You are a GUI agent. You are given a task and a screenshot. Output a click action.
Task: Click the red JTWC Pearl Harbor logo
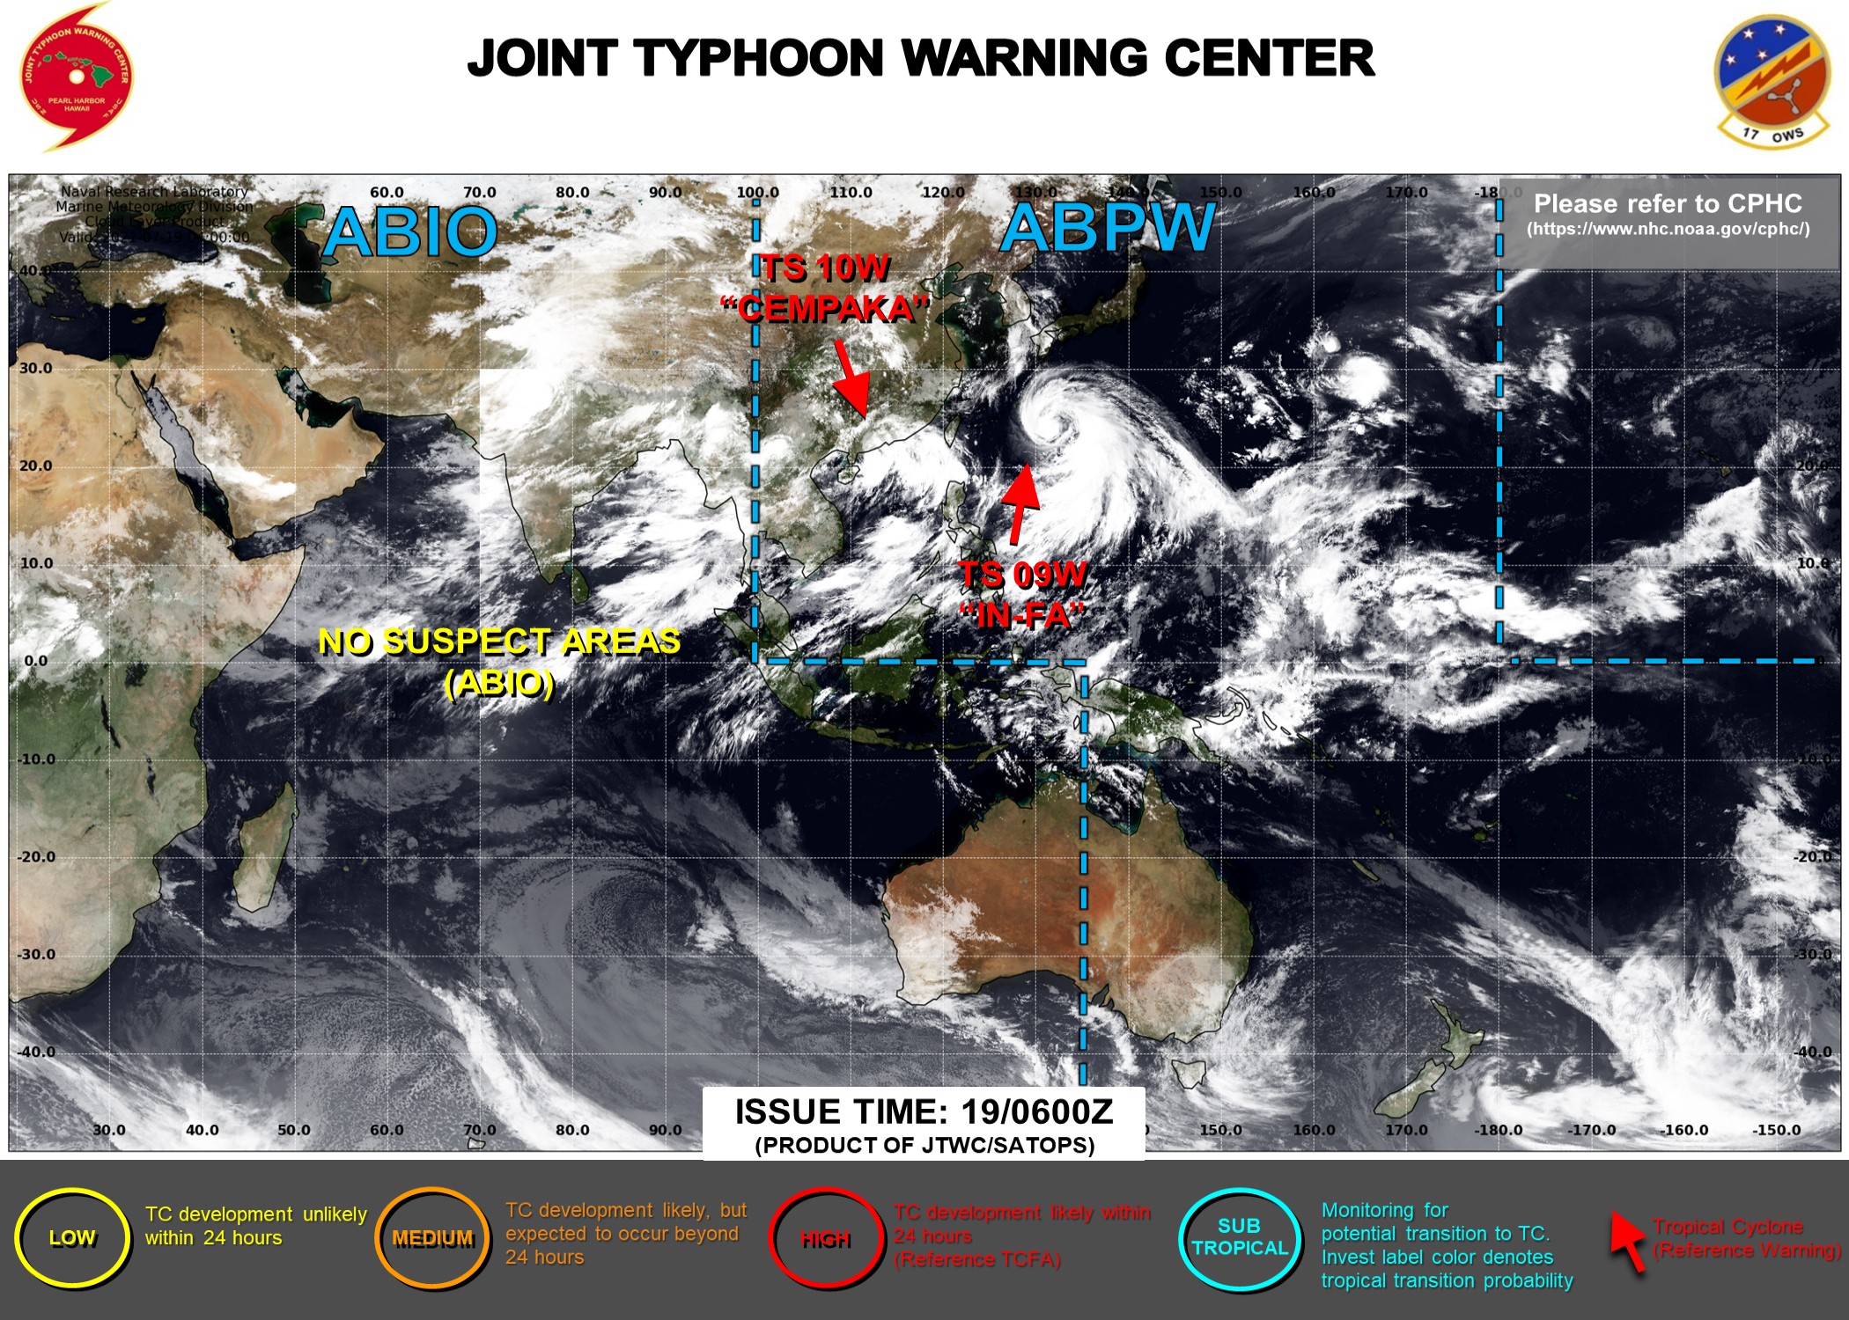(76, 77)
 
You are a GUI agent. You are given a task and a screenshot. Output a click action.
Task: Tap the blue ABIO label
(410, 232)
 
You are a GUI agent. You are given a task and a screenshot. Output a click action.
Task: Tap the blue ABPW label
(1108, 228)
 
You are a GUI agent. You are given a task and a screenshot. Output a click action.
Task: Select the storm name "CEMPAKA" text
(826, 309)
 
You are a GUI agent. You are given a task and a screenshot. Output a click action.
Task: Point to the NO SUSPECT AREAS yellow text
(499, 642)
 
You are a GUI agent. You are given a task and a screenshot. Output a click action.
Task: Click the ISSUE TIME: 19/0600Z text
(924, 1112)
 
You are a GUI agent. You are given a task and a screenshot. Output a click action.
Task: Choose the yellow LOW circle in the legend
(72, 1238)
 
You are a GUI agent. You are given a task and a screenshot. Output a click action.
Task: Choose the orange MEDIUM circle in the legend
(432, 1238)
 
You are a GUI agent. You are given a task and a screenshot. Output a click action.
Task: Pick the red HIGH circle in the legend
(825, 1239)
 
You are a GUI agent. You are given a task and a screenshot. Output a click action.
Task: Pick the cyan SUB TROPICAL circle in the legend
(1239, 1237)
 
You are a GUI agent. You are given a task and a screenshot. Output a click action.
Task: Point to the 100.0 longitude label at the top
(757, 192)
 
